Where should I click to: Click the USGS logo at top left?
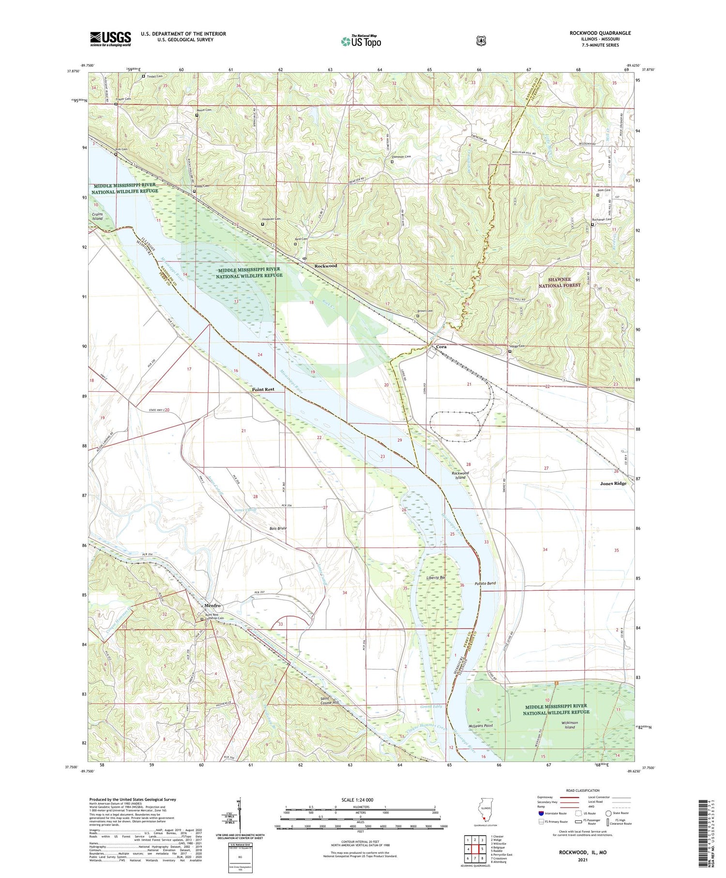110,39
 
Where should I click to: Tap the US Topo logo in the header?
361,42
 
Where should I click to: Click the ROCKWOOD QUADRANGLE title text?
600,33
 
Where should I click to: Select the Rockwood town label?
326,266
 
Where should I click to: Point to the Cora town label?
441,347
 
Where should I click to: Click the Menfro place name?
212,606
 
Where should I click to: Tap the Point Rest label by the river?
263,389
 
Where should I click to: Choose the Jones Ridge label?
613,483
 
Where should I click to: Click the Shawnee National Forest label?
560,282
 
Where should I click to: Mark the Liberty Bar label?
436,578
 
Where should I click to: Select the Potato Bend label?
485,584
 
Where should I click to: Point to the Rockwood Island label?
460,475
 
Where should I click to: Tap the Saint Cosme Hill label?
330,700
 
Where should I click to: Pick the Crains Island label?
97,216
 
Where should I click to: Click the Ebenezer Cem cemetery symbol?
392,162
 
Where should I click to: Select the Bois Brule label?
278,528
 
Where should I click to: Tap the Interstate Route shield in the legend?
541,813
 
